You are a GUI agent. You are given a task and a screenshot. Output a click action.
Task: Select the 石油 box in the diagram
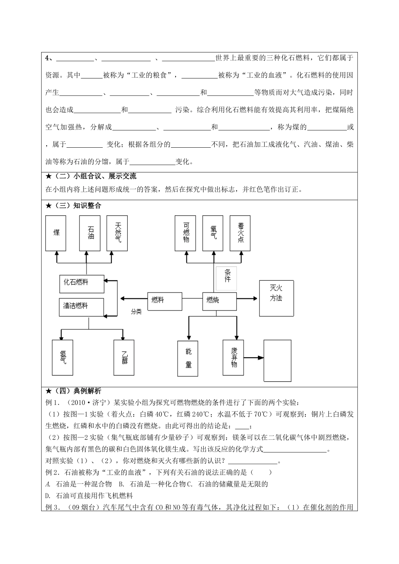[90, 233]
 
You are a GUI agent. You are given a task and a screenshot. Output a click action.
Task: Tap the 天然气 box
[117, 233]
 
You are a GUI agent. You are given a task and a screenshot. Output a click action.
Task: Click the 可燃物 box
[186, 233]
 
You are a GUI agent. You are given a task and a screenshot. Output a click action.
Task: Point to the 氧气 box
[213, 233]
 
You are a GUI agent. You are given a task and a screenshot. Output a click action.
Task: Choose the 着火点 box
[240, 233]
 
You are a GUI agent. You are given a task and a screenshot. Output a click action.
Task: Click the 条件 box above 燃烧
[226, 278]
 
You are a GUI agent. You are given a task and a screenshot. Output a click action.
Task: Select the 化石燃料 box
[81, 284]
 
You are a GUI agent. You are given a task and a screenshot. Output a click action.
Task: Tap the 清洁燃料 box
[81, 307]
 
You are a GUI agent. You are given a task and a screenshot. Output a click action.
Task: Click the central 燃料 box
[164, 301]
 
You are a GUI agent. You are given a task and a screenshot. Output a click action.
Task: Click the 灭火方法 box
[276, 298]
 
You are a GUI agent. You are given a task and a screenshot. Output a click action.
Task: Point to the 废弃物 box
[234, 358]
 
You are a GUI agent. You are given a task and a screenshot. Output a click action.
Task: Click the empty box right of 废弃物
[277, 360]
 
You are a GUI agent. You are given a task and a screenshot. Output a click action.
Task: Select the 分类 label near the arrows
[136, 312]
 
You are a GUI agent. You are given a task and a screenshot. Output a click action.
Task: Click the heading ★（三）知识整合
[73, 206]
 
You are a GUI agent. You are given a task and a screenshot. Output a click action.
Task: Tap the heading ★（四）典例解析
[73, 391]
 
